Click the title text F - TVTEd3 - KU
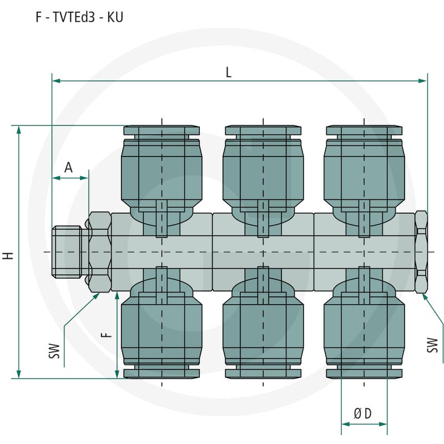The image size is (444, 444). tap(79, 17)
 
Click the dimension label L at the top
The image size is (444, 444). tap(229, 73)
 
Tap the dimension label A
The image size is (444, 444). tap(68, 168)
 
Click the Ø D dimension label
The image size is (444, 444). tap(362, 413)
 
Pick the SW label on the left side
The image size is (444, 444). tap(54, 351)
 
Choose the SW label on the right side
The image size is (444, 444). tap(432, 345)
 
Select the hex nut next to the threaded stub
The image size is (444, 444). tap(99, 252)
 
